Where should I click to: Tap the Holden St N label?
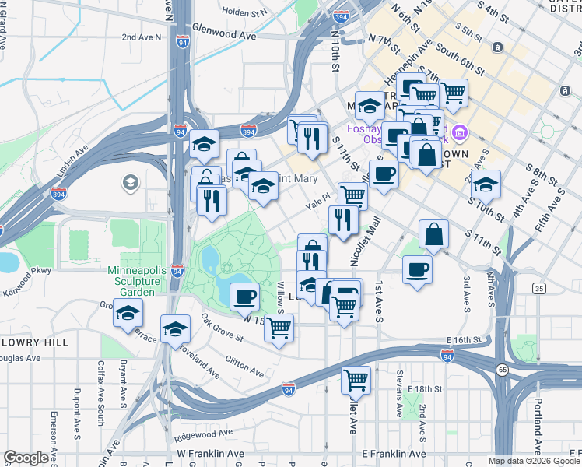click(244, 12)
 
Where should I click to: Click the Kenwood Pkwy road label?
click(28, 272)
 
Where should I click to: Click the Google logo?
click(26, 458)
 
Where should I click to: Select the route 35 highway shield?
click(538, 289)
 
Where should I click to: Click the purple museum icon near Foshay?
click(460, 133)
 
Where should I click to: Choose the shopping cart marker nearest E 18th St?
click(356, 380)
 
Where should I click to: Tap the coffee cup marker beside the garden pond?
click(244, 296)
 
